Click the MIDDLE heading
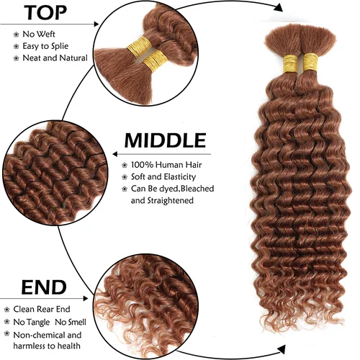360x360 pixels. coord(165,140)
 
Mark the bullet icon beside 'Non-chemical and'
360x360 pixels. coord(6,335)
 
